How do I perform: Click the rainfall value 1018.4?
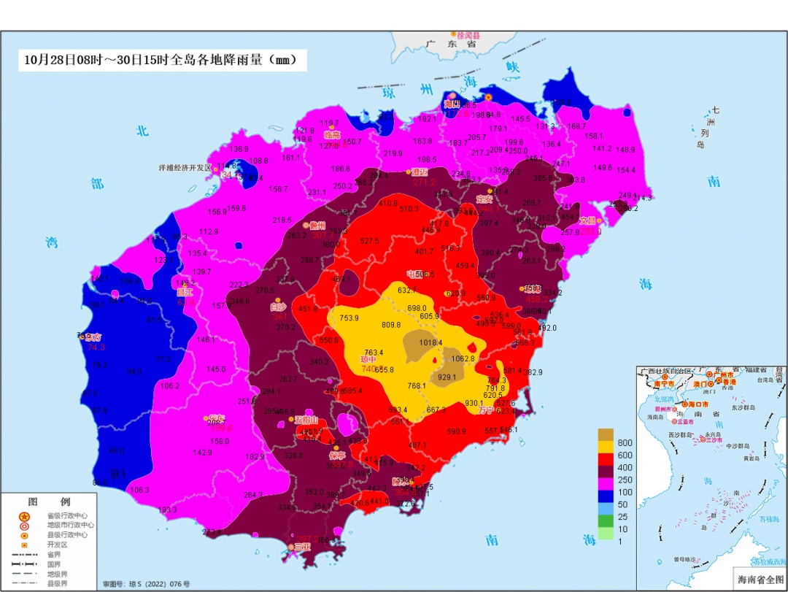[430, 342]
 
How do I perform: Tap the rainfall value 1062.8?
[463, 358]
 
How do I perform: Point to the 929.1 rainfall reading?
[447, 377]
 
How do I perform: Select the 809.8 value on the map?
[391, 325]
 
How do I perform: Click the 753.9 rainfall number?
[349, 318]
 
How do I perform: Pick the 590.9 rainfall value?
[456, 431]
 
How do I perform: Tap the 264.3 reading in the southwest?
[253, 495]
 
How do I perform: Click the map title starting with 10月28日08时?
[161, 60]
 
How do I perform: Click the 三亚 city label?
[302, 547]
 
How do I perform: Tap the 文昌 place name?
[587, 220]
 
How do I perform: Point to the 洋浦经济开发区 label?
[185, 167]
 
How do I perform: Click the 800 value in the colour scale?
[625, 442]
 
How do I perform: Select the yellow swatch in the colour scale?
[605, 446]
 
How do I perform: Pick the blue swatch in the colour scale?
[605, 496]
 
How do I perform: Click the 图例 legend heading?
[49, 502]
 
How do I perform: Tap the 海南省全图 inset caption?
[757, 579]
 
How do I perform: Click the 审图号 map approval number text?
[146, 584]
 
